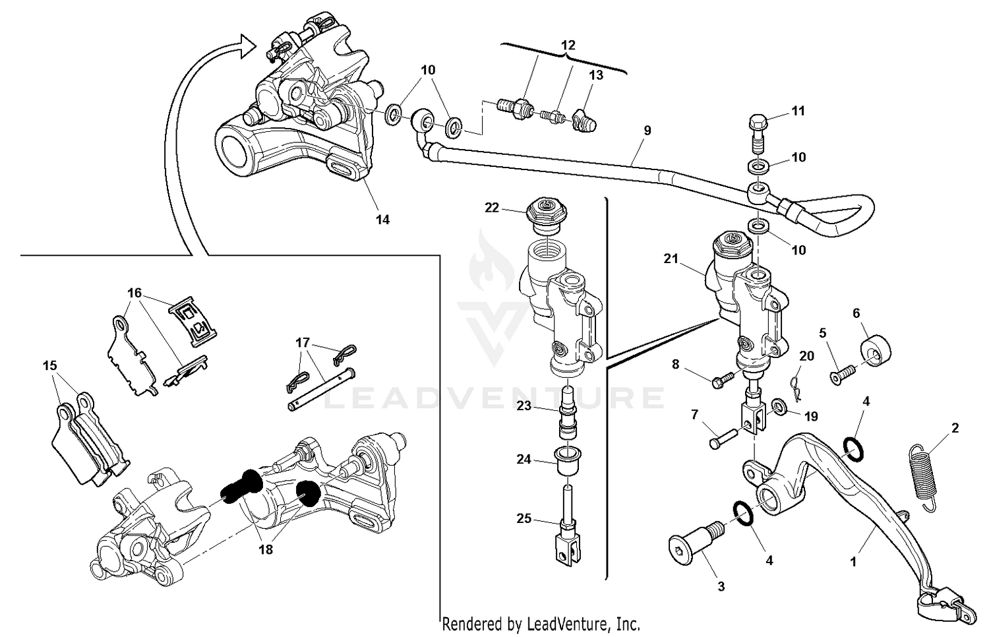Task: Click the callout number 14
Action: coord(382,220)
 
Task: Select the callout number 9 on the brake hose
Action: coord(647,131)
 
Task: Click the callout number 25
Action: coord(524,519)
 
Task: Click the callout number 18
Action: coord(266,549)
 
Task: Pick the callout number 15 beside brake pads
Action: coord(50,365)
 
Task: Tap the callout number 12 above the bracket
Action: coord(568,45)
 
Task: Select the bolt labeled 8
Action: coord(723,378)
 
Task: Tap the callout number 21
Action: coord(671,260)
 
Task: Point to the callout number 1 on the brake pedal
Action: coord(853,562)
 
